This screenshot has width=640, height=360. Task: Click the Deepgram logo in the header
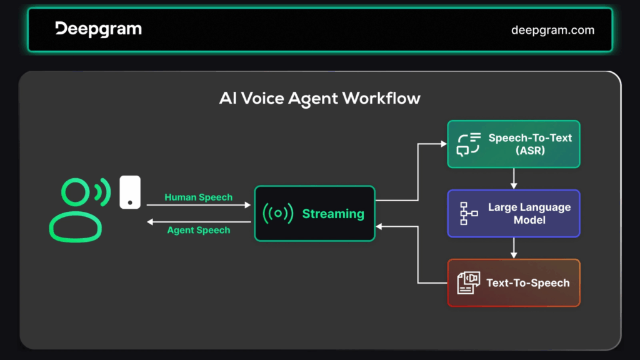pyautogui.click(x=98, y=29)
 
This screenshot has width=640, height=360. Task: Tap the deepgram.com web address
pyautogui.click(x=552, y=30)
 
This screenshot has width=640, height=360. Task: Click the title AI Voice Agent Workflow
pyautogui.click(x=319, y=98)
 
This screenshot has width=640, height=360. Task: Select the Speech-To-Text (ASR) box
pyautogui.click(x=514, y=144)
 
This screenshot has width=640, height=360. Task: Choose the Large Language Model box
pyautogui.click(x=514, y=214)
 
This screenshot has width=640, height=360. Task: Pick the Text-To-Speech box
pyautogui.click(x=514, y=283)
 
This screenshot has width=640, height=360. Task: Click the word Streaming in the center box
pyautogui.click(x=333, y=214)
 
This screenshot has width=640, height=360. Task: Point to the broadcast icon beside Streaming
pyautogui.click(x=278, y=213)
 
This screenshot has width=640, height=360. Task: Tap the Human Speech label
pyautogui.click(x=198, y=197)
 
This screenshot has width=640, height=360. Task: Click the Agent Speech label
pyautogui.click(x=198, y=230)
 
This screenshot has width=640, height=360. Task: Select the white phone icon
pyautogui.click(x=130, y=192)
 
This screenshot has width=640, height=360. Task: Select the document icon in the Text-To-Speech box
pyautogui.click(x=468, y=283)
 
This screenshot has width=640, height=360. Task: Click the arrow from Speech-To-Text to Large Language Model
pyautogui.click(x=514, y=178)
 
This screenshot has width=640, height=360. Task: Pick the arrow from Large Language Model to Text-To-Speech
pyautogui.click(x=514, y=247)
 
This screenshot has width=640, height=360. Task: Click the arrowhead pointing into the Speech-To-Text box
pyautogui.click(x=444, y=144)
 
